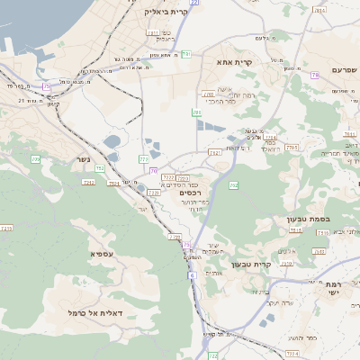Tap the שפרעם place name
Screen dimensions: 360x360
click(x=346, y=69)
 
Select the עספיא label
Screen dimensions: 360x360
click(x=102, y=254)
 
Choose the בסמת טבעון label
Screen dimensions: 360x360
click(x=337, y=218)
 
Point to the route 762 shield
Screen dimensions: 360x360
click(x=234, y=185)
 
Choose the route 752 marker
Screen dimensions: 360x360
click(x=99, y=167)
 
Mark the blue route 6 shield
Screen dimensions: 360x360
click(x=192, y=274)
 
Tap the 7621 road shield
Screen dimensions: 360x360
click(x=215, y=153)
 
